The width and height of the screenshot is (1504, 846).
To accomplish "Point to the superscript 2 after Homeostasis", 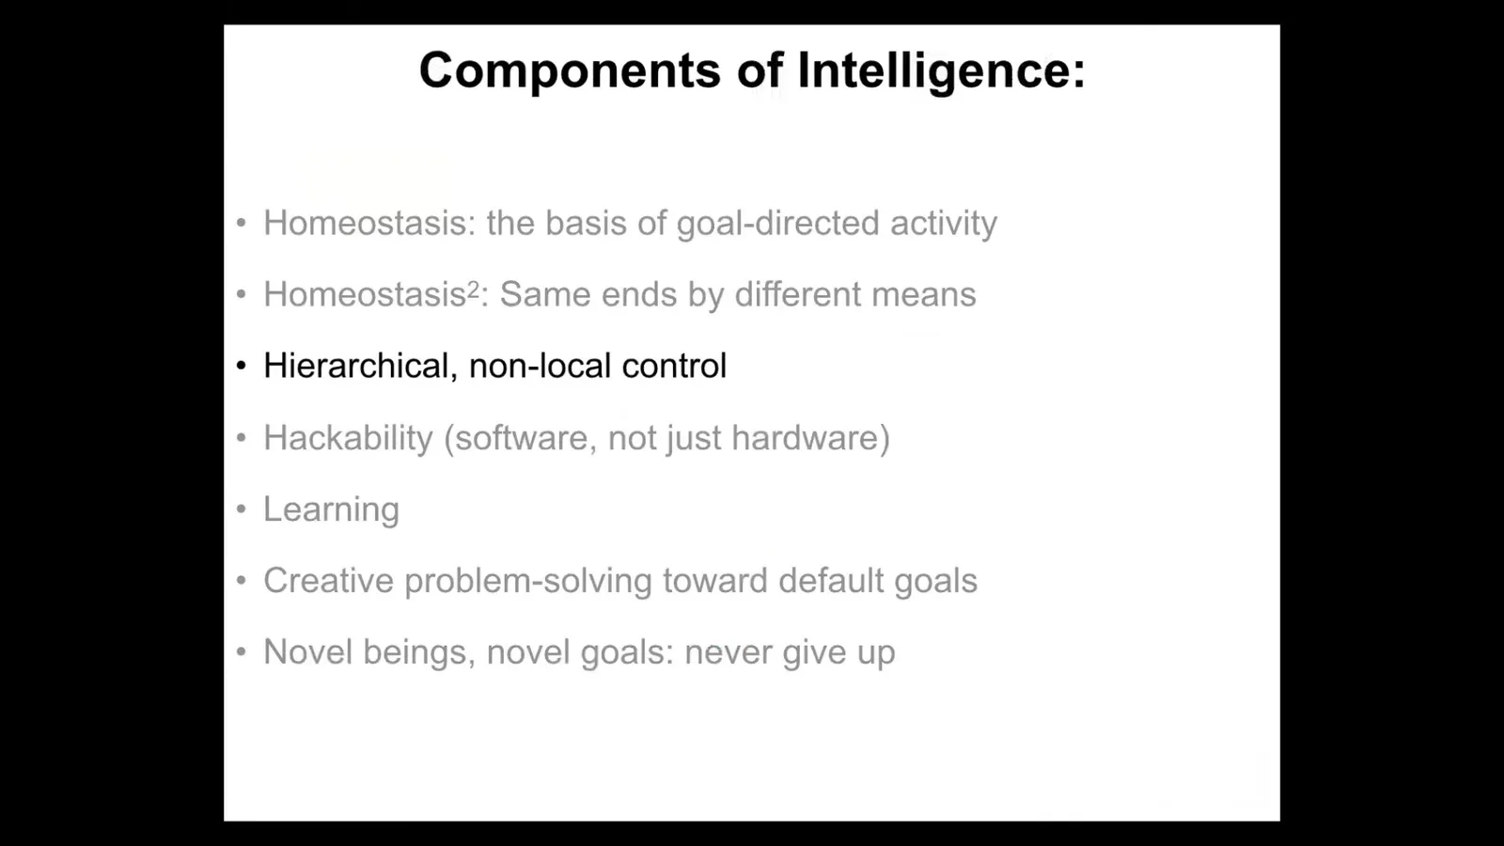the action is click(x=474, y=290).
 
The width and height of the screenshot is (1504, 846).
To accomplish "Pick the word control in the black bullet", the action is click(x=674, y=366).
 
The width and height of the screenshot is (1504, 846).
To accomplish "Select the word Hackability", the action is click(x=349, y=438).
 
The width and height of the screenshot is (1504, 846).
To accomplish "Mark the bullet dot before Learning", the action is click(x=242, y=509).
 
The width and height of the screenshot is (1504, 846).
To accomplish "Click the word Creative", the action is click(x=328, y=581).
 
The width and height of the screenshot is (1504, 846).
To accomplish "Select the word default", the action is click(x=831, y=581).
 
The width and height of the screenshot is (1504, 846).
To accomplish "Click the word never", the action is click(x=728, y=653).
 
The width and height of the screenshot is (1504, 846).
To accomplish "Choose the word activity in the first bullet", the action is click(x=944, y=224).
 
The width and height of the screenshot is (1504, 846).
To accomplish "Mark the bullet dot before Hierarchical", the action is click(x=242, y=366).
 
